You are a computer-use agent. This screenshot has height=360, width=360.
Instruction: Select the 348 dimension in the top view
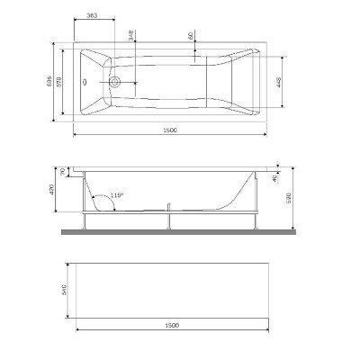coord(132,35)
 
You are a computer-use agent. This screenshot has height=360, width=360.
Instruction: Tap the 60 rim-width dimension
coord(191,35)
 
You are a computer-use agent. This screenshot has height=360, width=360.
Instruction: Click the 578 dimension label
coord(75,81)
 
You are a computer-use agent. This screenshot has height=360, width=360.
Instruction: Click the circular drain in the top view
coord(114,80)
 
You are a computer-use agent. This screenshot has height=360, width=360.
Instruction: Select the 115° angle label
coord(115,194)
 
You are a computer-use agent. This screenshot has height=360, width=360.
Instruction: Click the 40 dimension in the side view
coord(276,176)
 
